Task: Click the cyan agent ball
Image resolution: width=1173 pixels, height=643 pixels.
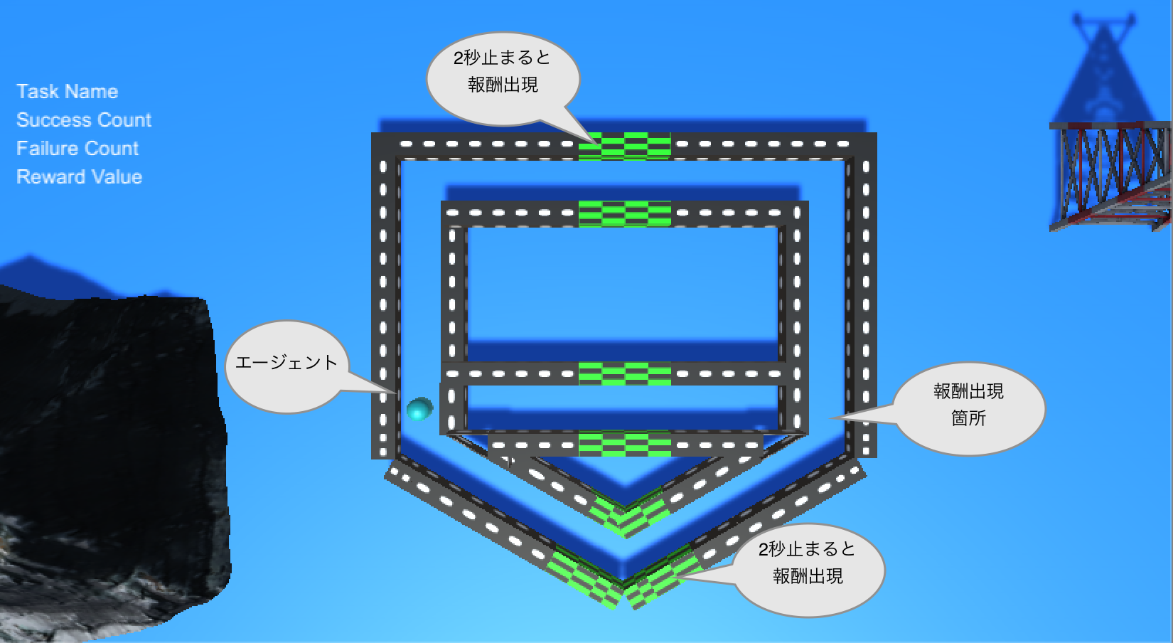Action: coord(419,408)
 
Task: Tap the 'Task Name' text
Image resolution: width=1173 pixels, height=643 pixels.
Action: coord(67,92)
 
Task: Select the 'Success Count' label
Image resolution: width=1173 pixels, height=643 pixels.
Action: coord(84,120)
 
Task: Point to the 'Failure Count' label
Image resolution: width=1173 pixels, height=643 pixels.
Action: coord(77,149)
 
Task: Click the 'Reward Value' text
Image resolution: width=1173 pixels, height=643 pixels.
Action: coord(79,177)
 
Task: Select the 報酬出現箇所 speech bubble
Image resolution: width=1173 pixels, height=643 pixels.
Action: coord(968,407)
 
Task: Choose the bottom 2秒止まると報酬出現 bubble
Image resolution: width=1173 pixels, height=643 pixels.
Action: coord(808,564)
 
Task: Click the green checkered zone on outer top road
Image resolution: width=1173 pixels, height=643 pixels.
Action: coord(624,146)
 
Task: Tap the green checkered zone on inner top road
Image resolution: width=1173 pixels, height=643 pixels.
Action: coord(624,214)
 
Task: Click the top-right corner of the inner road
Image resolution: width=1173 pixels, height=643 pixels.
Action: coord(796,214)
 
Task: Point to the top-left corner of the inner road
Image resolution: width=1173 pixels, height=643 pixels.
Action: coord(454,214)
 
